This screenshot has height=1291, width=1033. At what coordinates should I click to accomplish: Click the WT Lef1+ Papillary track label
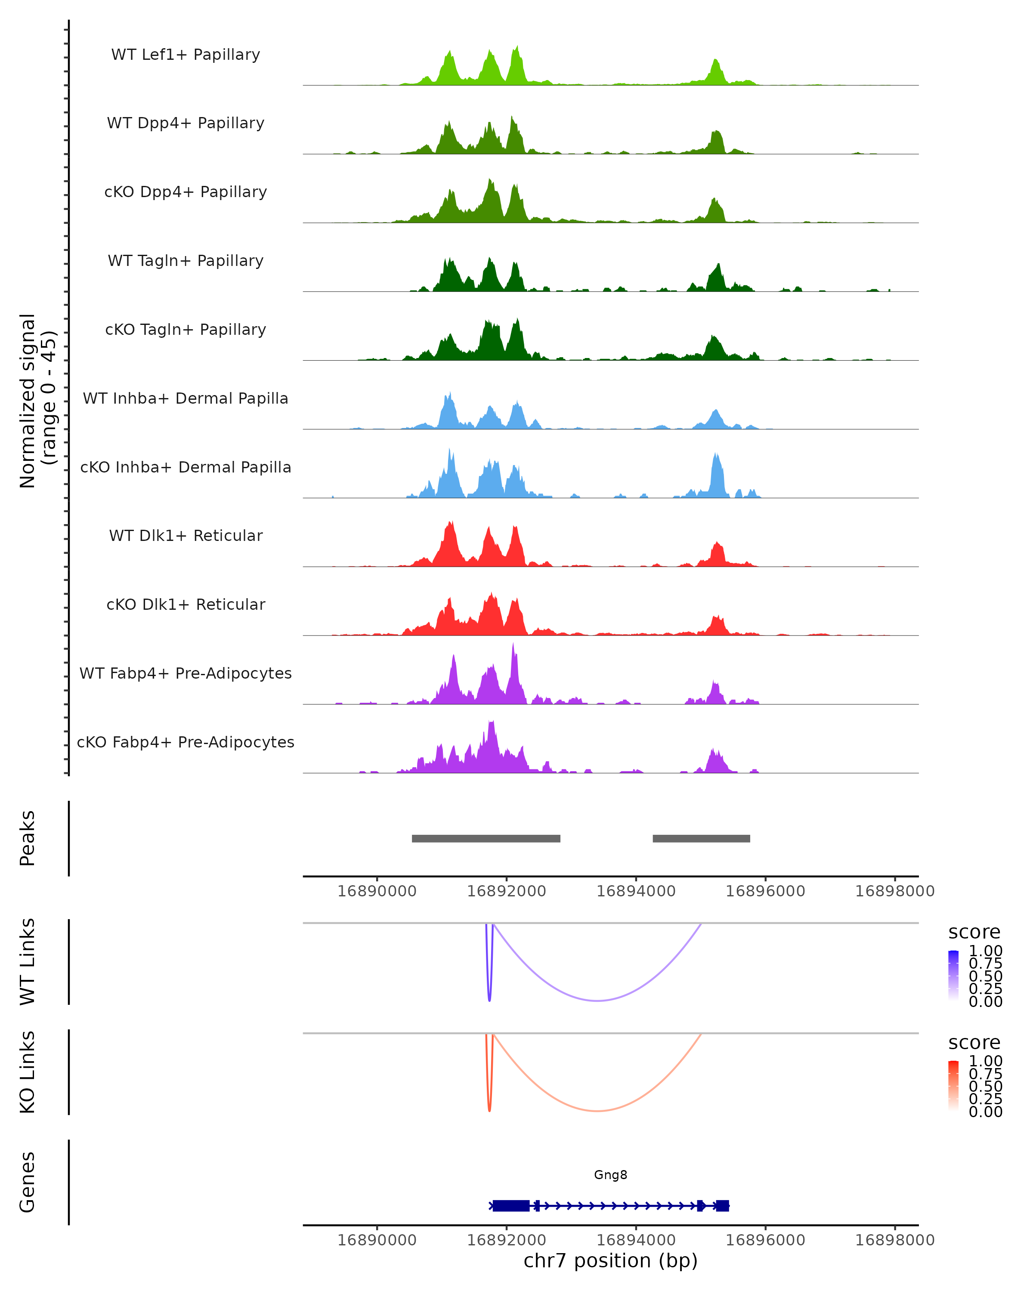(186, 55)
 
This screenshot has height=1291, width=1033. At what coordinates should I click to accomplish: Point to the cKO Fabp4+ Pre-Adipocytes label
(186, 742)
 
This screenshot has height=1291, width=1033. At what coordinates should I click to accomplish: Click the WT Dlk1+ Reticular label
(186, 535)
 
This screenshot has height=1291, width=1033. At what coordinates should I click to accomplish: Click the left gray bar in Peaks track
(486, 838)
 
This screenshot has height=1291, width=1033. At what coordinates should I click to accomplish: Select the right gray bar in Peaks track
(701, 838)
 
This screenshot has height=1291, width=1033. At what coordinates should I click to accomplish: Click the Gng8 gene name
(610, 1174)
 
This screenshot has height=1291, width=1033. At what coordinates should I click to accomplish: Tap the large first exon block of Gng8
(511, 1205)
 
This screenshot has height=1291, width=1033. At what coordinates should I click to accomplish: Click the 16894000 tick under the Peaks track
(636, 891)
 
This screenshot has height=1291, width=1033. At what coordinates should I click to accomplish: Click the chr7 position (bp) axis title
(610, 1260)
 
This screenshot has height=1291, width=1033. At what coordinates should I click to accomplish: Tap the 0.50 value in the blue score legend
(985, 976)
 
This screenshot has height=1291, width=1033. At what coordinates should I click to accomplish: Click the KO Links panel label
(28, 1072)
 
